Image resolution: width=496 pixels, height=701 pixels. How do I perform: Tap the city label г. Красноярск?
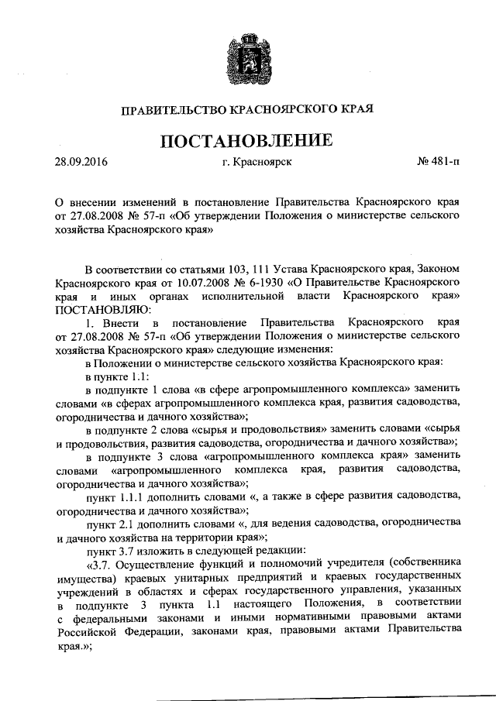pyautogui.click(x=257, y=164)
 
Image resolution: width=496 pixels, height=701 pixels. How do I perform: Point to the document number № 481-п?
pyautogui.click(x=438, y=164)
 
